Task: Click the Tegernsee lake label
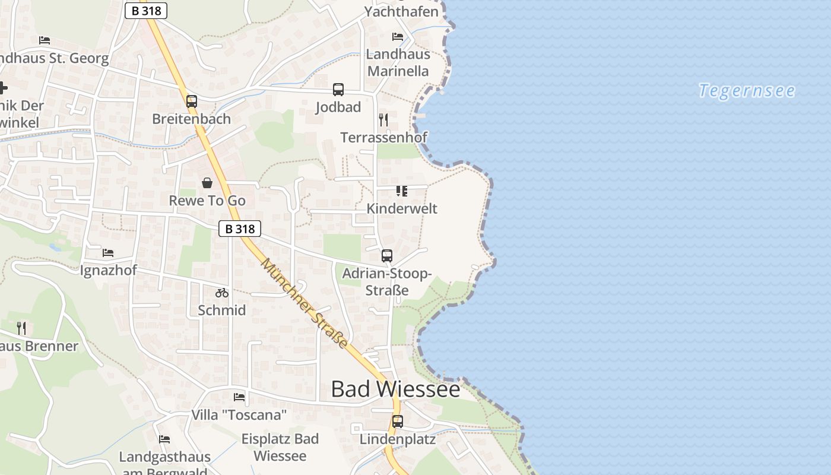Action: tap(747, 91)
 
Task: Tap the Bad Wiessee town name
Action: tap(395, 389)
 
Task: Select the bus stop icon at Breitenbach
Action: tap(191, 102)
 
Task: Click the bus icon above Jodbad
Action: tap(338, 90)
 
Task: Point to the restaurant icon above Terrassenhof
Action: tap(383, 120)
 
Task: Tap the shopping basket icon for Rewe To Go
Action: tap(207, 183)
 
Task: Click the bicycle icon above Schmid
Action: tap(222, 293)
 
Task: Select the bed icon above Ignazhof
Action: tap(108, 253)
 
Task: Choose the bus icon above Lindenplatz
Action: tap(398, 422)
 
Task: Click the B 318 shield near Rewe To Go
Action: tap(240, 229)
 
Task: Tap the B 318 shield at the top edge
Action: tap(146, 11)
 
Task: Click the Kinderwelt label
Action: tap(402, 208)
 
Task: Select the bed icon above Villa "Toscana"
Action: tap(239, 397)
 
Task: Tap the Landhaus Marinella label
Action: tap(398, 62)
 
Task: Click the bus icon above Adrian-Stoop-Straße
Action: tap(387, 256)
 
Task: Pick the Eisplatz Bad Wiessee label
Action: tap(280, 447)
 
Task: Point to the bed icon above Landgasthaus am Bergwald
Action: tap(164, 439)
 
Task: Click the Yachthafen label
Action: tap(401, 11)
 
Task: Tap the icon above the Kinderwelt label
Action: tap(402, 191)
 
